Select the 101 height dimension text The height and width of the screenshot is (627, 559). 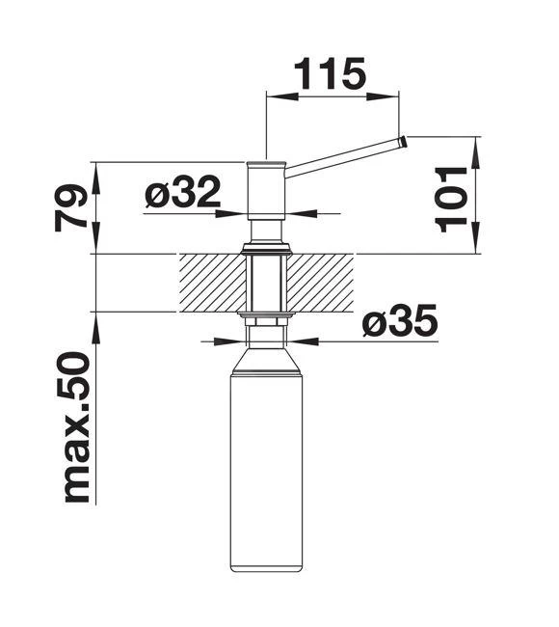[453, 197]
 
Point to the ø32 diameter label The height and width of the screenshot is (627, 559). [182, 194]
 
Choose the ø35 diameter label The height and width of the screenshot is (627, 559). [399, 321]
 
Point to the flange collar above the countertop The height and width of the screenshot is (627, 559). [267, 250]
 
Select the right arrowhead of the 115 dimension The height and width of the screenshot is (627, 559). [392, 95]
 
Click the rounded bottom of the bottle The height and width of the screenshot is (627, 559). [266, 566]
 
